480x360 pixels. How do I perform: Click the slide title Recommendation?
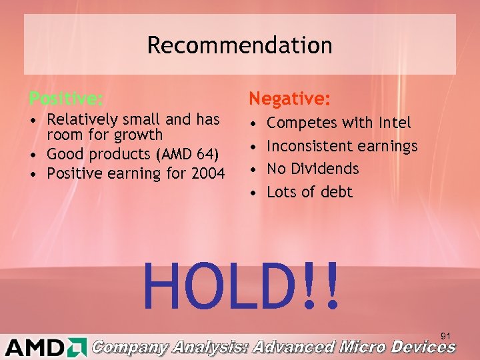pyautogui.click(x=239, y=45)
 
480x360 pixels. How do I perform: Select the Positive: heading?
pyautogui.click(x=66, y=99)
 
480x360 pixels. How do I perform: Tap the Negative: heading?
pyautogui.click(x=289, y=99)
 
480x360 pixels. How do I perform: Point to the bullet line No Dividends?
pyautogui.click(x=313, y=169)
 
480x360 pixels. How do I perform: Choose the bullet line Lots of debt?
pyautogui.click(x=309, y=192)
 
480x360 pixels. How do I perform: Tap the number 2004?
pyautogui.click(x=206, y=174)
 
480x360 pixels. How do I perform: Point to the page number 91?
pyautogui.click(x=446, y=335)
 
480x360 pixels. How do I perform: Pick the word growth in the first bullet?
pyautogui.click(x=139, y=135)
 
